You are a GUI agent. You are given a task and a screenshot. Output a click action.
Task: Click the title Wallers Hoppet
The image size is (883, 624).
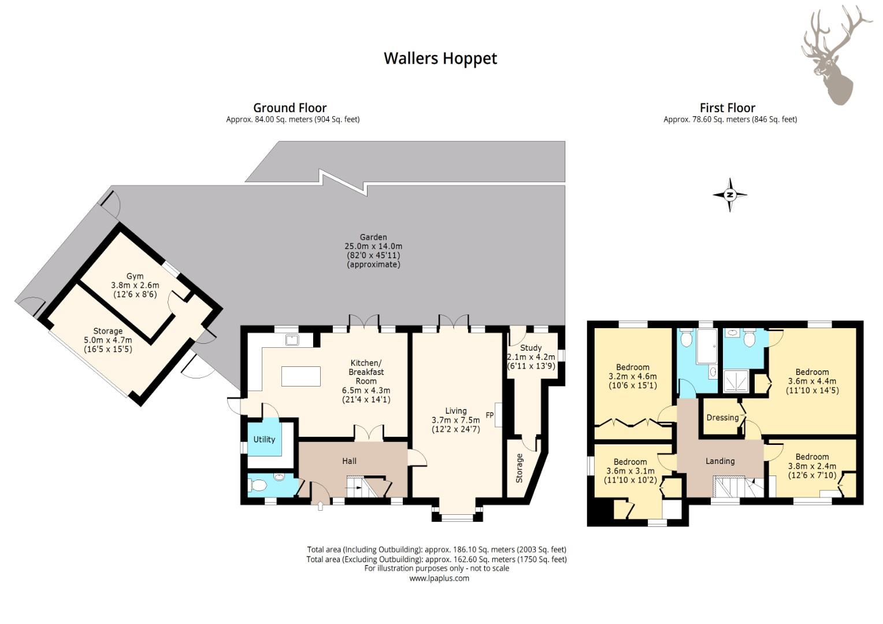click(x=440, y=58)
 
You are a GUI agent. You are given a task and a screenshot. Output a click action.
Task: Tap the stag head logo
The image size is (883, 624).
click(x=834, y=55)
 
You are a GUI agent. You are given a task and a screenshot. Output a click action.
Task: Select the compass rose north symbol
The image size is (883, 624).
click(x=730, y=195)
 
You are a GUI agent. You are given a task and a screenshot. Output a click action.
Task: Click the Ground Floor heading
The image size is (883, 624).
click(x=290, y=107)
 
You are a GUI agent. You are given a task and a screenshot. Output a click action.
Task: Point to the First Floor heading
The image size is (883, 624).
click(x=728, y=107)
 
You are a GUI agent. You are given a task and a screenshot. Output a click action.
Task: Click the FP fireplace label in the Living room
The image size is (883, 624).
click(x=489, y=415)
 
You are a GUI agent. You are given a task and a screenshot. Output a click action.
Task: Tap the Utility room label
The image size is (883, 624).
click(x=264, y=439)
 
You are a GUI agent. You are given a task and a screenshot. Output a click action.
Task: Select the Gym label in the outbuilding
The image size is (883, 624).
click(x=135, y=276)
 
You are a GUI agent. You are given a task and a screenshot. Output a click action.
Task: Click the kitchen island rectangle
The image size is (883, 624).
click(x=300, y=376)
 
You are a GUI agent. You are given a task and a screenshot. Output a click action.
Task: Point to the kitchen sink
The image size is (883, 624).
click(x=292, y=340)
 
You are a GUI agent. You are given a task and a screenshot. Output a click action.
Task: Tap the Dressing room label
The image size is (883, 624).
click(x=722, y=418)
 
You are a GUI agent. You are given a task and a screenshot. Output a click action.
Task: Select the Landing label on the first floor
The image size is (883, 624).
click(x=720, y=461)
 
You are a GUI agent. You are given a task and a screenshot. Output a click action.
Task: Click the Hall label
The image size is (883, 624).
click(x=349, y=461)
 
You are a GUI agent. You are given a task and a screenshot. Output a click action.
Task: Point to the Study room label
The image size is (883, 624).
click(x=530, y=348)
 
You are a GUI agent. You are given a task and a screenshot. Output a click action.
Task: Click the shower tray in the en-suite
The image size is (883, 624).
click(x=736, y=382)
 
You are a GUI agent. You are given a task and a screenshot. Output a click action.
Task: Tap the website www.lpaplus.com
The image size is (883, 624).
click(x=439, y=578)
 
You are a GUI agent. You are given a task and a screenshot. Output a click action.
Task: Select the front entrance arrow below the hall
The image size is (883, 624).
click(x=320, y=506)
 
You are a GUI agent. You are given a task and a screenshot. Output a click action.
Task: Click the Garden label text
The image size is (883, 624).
click(x=373, y=237)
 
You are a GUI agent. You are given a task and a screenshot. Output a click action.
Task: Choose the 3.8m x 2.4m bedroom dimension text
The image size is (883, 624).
click(x=812, y=466)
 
